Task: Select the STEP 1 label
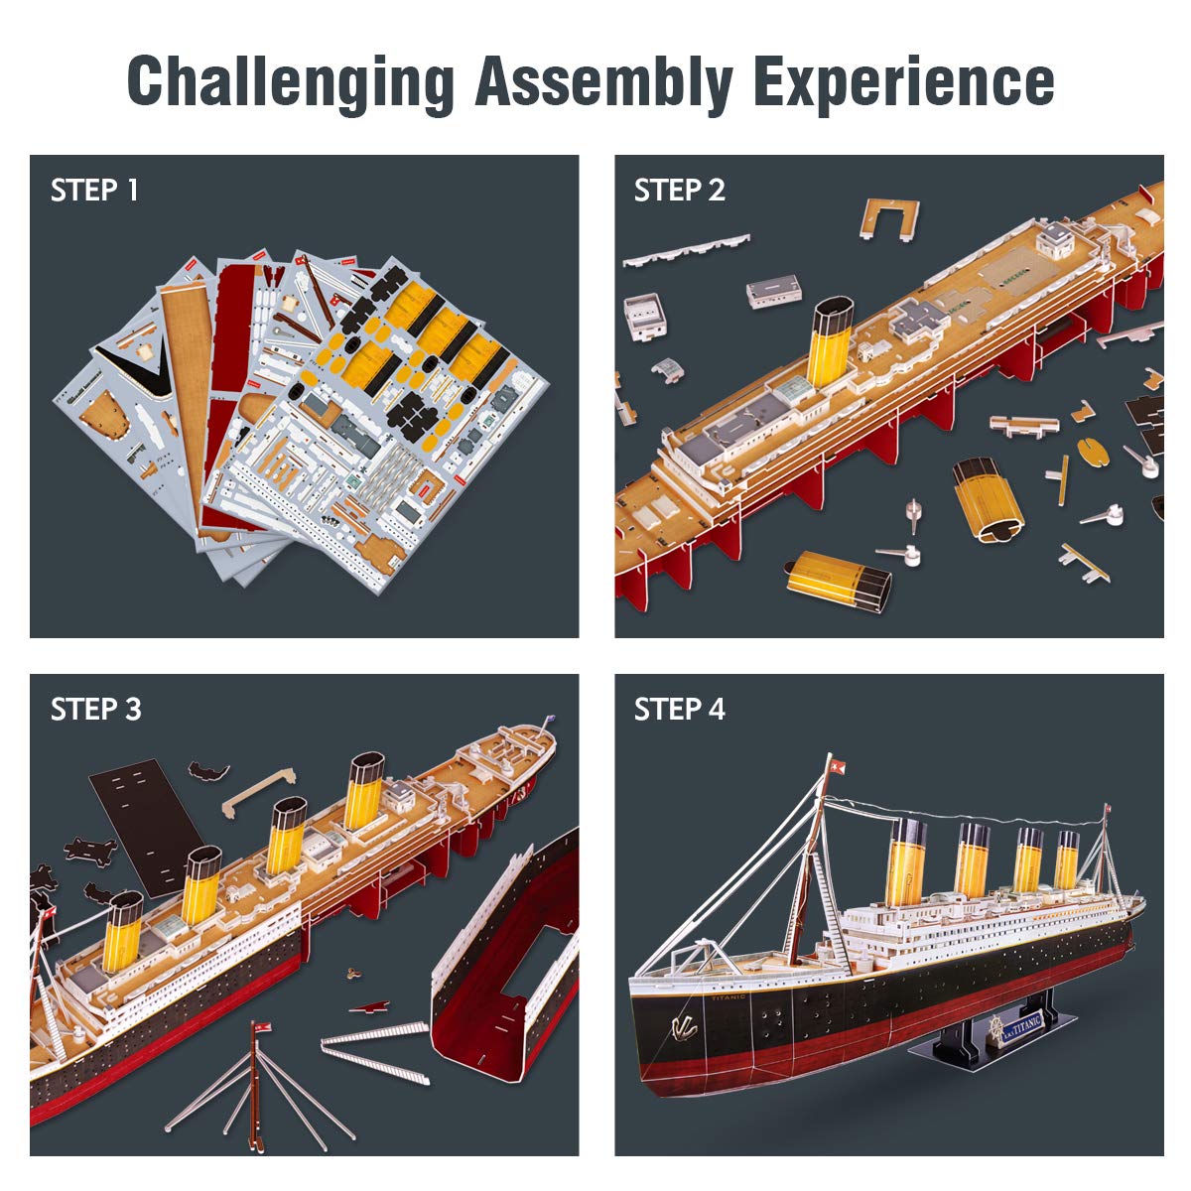click(94, 190)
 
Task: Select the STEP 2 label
click(679, 190)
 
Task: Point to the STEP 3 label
click(95, 709)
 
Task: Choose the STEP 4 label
click(679, 709)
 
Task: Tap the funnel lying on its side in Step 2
click(839, 580)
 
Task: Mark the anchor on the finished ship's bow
click(683, 1026)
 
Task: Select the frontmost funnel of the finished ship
click(906, 861)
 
